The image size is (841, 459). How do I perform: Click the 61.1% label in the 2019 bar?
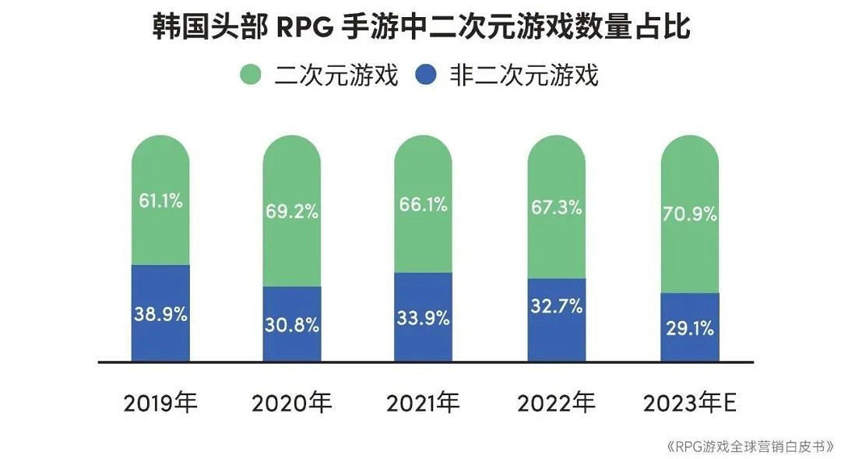[x=160, y=201]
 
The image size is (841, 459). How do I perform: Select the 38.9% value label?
[x=160, y=315]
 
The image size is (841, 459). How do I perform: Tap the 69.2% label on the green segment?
[x=292, y=211]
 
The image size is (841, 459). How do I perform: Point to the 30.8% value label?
[x=292, y=325]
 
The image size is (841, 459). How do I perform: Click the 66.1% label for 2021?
[x=422, y=205]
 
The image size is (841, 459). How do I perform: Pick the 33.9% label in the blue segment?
[x=423, y=318]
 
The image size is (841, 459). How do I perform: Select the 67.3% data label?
[x=555, y=208]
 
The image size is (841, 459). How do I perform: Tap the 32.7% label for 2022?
[x=555, y=306]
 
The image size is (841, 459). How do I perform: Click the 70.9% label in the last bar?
[x=689, y=213]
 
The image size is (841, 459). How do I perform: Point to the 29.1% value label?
[x=690, y=329]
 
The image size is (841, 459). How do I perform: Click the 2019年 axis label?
[x=161, y=403]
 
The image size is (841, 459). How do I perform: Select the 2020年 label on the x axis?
[x=292, y=403]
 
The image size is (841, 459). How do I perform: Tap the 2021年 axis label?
[x=423, y=403]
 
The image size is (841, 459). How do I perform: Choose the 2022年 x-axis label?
[x=555, y=403]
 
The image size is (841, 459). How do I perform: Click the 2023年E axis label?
[x=690, y=403]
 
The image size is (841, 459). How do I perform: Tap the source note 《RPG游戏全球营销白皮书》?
[x=750, y=447]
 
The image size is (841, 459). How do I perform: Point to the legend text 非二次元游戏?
[x=524, y=76]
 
